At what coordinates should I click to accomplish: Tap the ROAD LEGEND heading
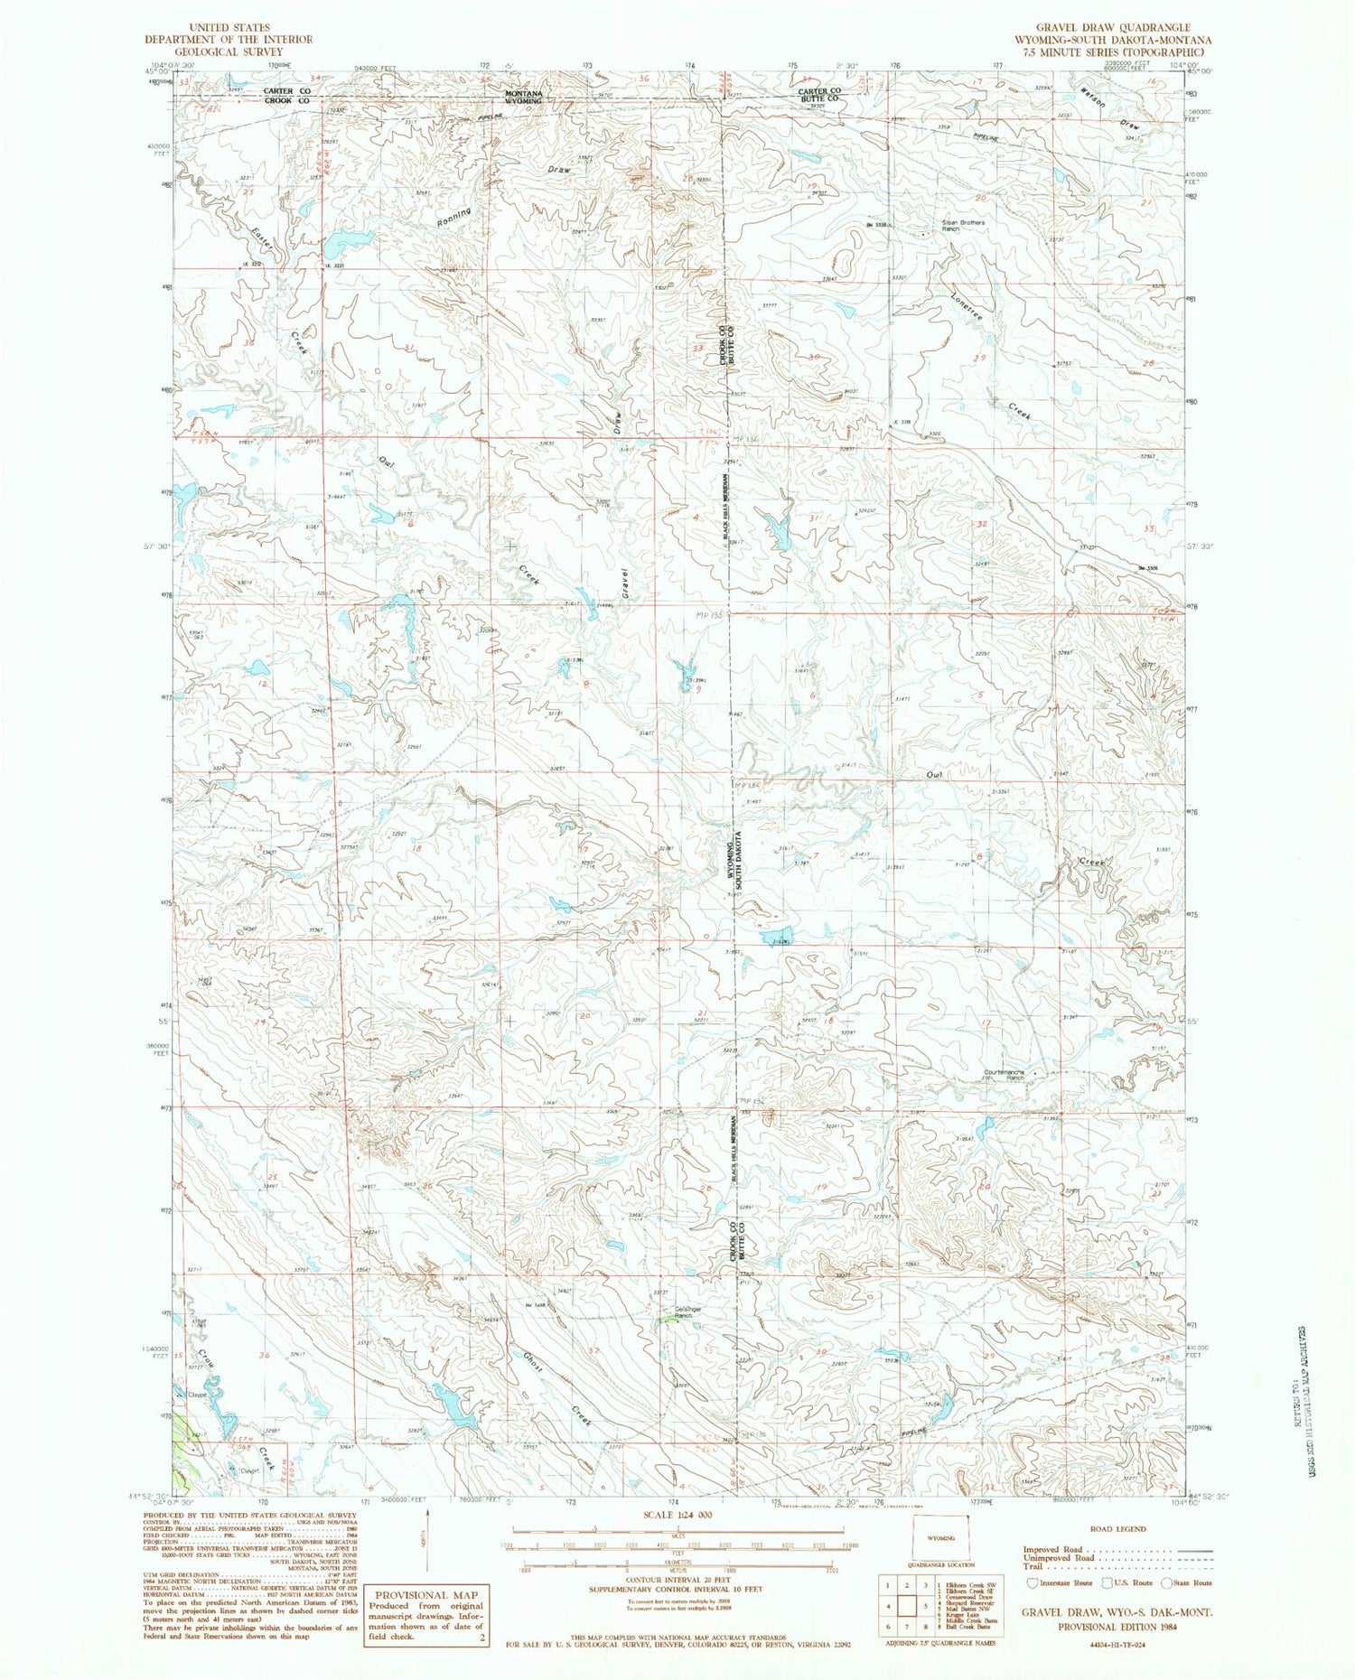tap(1119, 1529)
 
